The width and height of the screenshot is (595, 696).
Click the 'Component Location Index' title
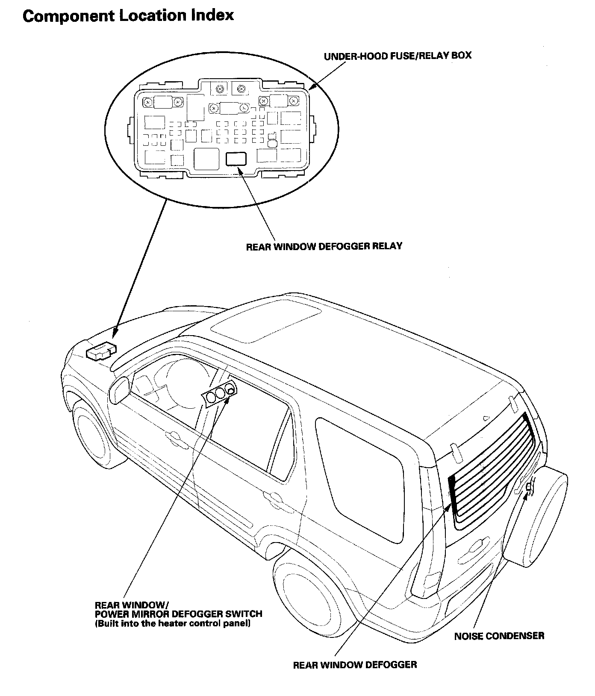128,16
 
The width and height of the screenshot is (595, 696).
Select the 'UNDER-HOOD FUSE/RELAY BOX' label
397,56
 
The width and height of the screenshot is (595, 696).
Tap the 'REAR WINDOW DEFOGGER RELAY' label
324,246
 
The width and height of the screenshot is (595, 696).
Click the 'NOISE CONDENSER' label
499,636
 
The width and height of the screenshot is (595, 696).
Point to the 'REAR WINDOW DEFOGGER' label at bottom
355,665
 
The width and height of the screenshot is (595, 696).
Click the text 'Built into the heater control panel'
172,624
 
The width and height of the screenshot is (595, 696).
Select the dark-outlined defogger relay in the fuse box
236,159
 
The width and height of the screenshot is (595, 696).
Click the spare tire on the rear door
536,519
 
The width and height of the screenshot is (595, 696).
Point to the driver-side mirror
119,390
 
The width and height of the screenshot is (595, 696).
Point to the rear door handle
272,496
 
